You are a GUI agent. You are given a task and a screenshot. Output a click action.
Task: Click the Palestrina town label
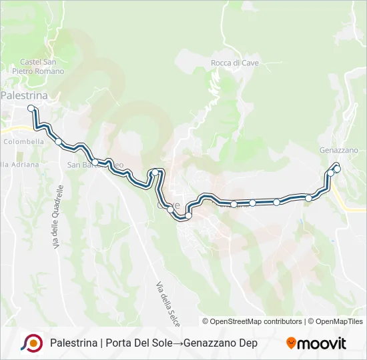pyautogui.click(x=24, y=95)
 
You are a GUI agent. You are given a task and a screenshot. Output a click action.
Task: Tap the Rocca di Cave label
pyautogui.click(x=234, y=63)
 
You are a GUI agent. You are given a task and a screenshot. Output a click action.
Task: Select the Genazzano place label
pyautogui.click(x=339, y=150)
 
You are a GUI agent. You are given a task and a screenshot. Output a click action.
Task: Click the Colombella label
pyautogui.click(x=23, y=141)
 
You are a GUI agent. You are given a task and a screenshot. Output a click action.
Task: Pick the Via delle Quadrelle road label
pyautogui.click(x=57, y=217)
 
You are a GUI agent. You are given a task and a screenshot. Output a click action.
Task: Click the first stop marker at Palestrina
pyautogui.click(x=31, y=107)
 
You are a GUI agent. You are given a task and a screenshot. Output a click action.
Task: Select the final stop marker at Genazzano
pyautogui.click(x=337, y=169)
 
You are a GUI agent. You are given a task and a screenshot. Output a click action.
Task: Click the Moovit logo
pyautogui.click(x=316, y=343)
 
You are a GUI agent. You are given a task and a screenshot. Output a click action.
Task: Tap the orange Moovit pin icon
pyautogui.click(x=291, y=343)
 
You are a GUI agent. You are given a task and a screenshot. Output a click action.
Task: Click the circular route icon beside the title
pyautogui.click(x=31, y=343)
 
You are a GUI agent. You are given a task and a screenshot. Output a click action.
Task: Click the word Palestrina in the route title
pyautogui.click(x=73, y=343)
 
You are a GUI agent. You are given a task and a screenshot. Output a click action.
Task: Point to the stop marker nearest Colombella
pyautogui.click(x=59, y=141)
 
